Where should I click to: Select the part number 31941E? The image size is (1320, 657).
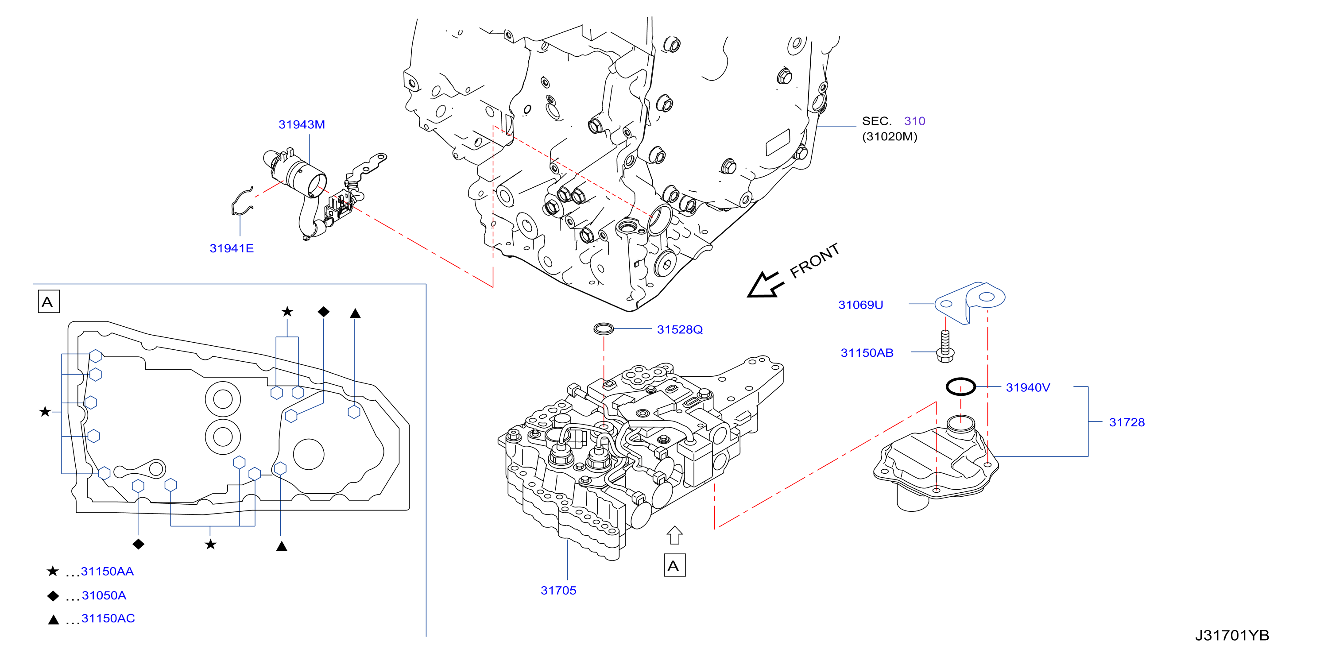pyautogui.click(x=232, y=248)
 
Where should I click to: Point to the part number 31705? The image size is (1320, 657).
pyautogui.click(x=558, y=591)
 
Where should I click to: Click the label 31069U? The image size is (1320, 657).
pyautogui.click(x=860, y=305)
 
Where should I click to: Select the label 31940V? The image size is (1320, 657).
pyautogui.click(x=1028, y=387)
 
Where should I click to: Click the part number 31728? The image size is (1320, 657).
pyautogui.click(x=1127, y=422)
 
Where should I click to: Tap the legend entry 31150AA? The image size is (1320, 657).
pyautogui.click(x=107, y=572)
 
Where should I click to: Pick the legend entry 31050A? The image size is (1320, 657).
pyautogui.click(x=104, y=595)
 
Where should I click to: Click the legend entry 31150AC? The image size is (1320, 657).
pyautogui.click(x=108, y=618)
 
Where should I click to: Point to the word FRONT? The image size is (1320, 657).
pyautogui.click(x=814, y=261)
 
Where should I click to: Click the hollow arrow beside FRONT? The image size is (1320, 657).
pyautogui.click(x=765, y=285)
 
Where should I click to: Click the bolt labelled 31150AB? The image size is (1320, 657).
pyautogui.click(x=945, y=347)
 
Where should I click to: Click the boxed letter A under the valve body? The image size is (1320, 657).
pyautogui.click(x=674, y=565)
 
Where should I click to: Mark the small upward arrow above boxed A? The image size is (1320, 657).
pyautogui.click(x=675, y=536)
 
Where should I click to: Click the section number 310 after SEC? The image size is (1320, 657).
pyautogui.click(x=915, y=121)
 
